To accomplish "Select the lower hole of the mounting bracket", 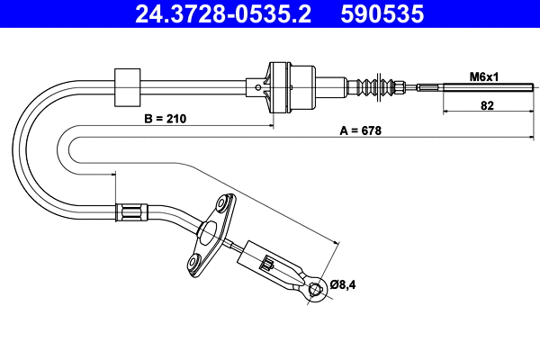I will click(193, 263).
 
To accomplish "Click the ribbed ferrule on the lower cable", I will click(131, 212).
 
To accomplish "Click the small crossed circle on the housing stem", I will click(260, 87).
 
